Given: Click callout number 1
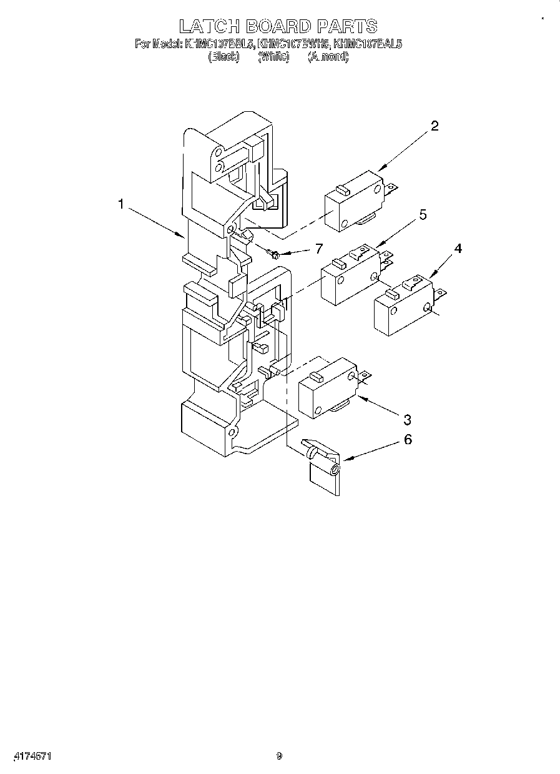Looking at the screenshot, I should [121, 204].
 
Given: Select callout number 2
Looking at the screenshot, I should [435, 126].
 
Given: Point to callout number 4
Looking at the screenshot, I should [458, 249].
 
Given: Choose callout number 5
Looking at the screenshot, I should [423, 216].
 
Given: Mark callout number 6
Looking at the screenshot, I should [408, 440].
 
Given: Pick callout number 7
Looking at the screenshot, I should [318, 249].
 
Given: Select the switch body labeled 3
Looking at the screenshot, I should [327, 392].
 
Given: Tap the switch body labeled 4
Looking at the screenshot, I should [403, 307].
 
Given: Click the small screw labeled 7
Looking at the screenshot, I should [273, 253].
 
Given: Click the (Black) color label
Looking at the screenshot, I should [224, 57].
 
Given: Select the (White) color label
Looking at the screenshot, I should [273, 57].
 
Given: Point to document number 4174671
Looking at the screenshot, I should [29, 757].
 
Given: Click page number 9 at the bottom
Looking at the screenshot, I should [280, 757].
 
